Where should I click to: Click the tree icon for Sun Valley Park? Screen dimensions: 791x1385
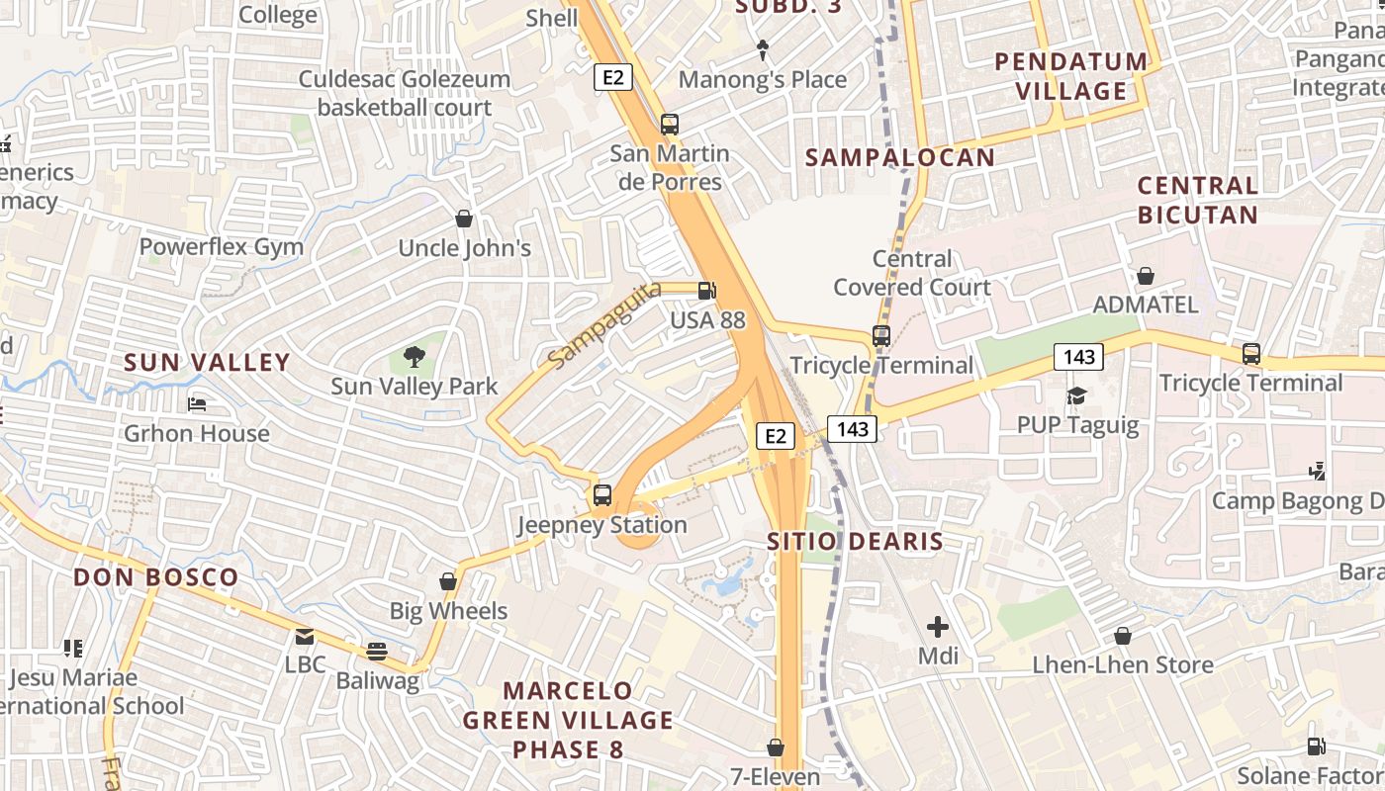pyautogui.click(x=415, y=357)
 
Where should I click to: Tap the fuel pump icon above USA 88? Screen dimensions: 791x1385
pyautogui.click(x=707, y=291)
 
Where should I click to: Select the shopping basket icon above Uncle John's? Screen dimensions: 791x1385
pyautogui.click(x=464, y=219)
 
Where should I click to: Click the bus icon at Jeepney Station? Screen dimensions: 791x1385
pyautogui.click(x=601, y=495)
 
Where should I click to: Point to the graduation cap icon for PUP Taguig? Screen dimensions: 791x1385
pyautogui.click(x=1076, y=396)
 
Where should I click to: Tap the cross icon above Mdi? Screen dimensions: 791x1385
pyautogui.click(x=937, y=627)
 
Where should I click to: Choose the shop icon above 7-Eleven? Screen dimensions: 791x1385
pyautogui.click(x=776, y=747)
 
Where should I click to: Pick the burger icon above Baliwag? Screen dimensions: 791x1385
pyautogui.click(x=376, y=652)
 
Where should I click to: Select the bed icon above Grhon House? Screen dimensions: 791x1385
pyautogui.click(x=197, y=404)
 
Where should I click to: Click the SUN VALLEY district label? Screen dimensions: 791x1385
pyautogui.click(x=208, y=362)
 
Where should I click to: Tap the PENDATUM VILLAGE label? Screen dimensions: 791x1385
pyautogui.click(x=1071, y=76)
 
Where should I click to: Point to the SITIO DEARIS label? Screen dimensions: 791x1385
pyautogui.click(x=856, y=541)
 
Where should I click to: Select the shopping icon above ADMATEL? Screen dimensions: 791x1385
pyautogui.click(x=1145, y=276)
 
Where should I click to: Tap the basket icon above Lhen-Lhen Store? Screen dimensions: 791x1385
pyautogui.click(x=1122, y=636)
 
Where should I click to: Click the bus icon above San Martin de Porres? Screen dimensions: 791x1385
pyautogui.click(x=670, y=125)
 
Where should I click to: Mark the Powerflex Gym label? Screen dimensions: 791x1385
pyautogui.click(x=222, y=246)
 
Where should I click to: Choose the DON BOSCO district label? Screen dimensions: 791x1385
pyautogui.click(x=156, y=577)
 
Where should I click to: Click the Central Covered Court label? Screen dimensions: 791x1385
pyautogui.click(x=912, y=273)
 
